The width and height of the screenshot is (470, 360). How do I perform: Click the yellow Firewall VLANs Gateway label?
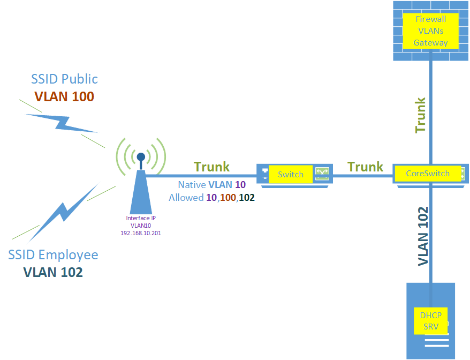coord(430,31)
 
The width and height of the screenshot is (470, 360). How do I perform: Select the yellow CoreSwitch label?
coord(427,174)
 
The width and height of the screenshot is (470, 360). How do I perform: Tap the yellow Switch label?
coord(291,174)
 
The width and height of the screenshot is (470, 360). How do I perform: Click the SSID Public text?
coord(64,79)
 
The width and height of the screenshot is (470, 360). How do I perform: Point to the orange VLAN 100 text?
coord(64,96)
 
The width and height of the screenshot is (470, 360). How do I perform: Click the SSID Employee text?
coord(53,254)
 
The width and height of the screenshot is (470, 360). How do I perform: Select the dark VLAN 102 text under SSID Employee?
coord(53,272)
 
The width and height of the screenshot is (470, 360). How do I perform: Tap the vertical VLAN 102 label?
coord(423,236)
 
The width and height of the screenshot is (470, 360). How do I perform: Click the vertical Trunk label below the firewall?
coord(421,115)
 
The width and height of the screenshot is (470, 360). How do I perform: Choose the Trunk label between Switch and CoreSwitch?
coord(366,167)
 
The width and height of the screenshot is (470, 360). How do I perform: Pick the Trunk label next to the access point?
coord(211,167)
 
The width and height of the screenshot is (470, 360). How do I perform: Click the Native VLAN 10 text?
coord(211,185)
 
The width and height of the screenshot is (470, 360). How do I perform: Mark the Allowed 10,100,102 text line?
coord(211,198)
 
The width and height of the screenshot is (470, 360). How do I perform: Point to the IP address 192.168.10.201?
coord(141,234)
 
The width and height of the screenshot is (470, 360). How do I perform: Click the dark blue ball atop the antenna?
coord(141,157)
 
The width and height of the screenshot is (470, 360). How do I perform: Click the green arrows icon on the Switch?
coord(322,172)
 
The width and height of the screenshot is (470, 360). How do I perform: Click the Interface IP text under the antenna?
coord(141,218)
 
